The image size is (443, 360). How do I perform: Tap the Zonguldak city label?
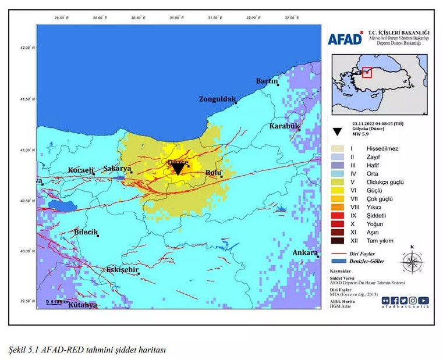[217, 99]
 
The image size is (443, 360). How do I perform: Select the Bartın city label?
[267, 81]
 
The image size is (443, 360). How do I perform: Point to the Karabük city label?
[283, 126]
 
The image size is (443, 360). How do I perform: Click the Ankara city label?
[304, 252]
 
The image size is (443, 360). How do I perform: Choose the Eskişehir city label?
[122, 270]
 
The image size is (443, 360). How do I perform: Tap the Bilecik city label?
[87, 231]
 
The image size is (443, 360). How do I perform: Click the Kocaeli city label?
[80, 170]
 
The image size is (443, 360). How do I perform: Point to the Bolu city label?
[214, 173]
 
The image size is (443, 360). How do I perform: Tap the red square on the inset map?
[367, 72]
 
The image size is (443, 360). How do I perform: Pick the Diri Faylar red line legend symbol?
[339, 254]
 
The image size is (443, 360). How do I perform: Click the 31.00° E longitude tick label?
[176, 18]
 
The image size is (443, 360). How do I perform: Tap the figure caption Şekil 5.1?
[87, 350]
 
